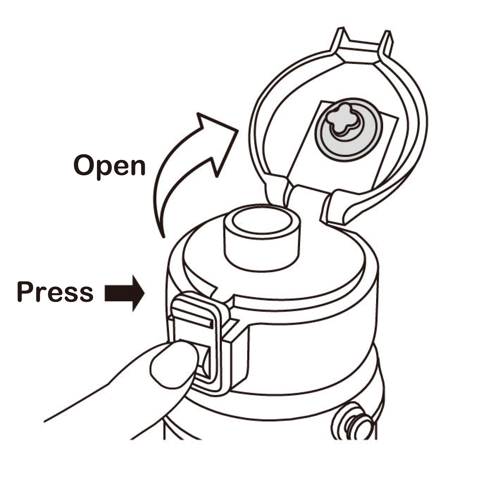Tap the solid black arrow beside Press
125,293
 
